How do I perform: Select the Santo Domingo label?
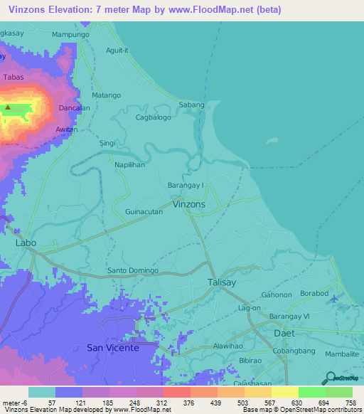point(132,271)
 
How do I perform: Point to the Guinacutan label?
point(144,212)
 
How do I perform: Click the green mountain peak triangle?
point(8,108)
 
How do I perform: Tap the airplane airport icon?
point(336,297)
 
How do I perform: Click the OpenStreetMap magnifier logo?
point(330,378)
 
